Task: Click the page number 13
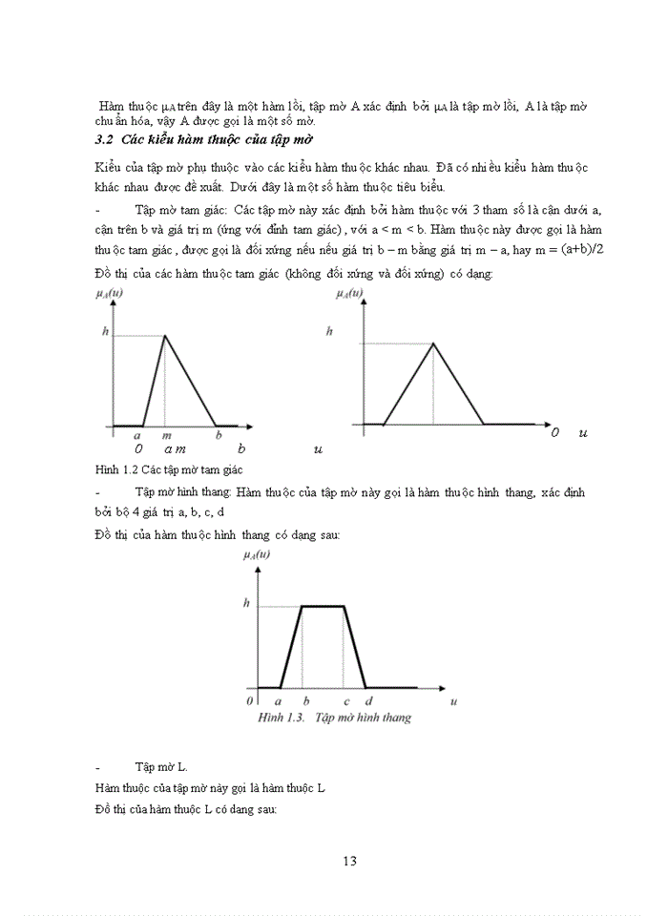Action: pyautogui.click(x=348, y=861)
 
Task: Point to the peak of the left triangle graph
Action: pyautogui.click(x=166, y=335)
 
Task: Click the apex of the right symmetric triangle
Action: pyautogui.click(x=433, y=343)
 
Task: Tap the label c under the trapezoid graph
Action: pyautogui.click(x=346, y=701)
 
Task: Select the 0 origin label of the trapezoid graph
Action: pyautogui.click(x=249, y=701)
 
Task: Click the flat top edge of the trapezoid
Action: pyautogui.click(x=324, y=605)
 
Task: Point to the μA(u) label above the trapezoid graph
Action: pyautogui.click(x=257, y=555)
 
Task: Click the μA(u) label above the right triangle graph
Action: pyautogui.click(x=350, y=294)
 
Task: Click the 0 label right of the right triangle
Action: pyautogui.click(x=555, y=433)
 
